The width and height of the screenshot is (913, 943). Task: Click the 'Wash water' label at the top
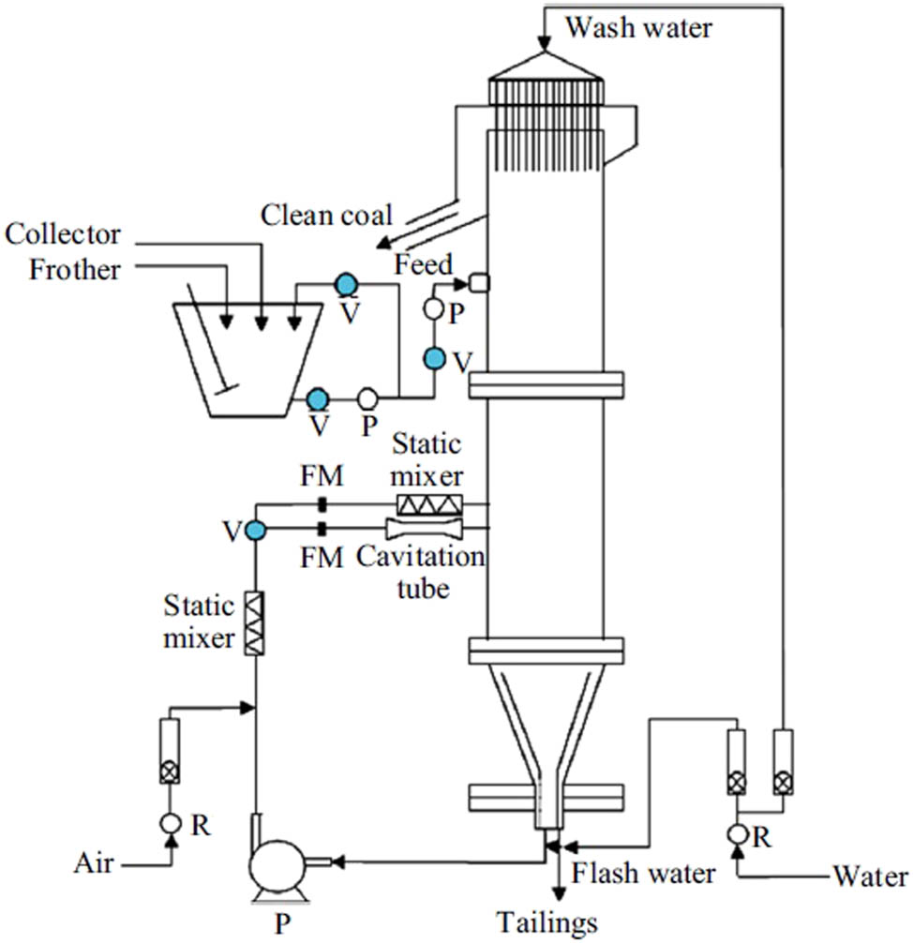click(638, 27)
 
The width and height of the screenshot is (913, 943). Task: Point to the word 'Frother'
click(75, 270)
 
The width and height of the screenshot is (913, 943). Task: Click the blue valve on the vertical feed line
click(434, 357)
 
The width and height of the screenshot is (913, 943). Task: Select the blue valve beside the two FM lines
click(255, 531)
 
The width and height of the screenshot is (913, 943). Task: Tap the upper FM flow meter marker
click(322, 505)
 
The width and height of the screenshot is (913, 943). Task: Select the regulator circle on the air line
click(170, 822)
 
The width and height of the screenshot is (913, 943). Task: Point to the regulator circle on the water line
click(739, 833)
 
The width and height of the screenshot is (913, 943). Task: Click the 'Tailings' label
click(548, 923)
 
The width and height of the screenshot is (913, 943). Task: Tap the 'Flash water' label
click(644, 873)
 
